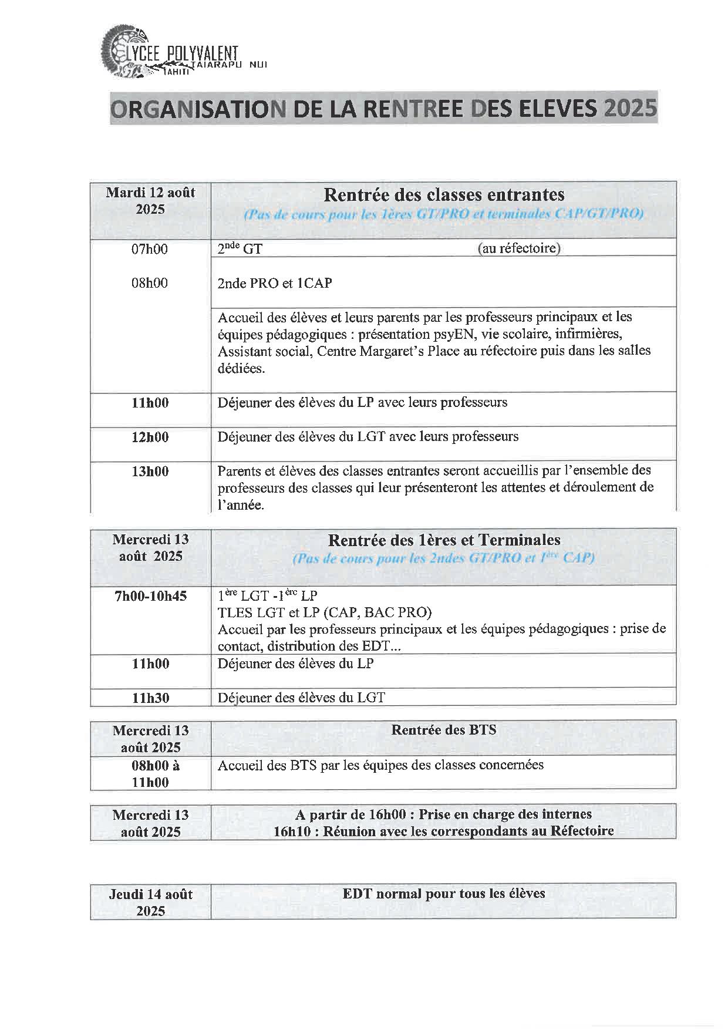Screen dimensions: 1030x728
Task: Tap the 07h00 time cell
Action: (x=150, y=249)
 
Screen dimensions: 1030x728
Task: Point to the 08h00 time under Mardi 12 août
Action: (x=150, y=283)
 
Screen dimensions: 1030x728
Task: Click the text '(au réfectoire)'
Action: (x=519, y=248)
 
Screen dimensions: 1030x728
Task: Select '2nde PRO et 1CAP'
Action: (x=275, y=283)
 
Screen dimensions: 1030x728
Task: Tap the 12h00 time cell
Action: (x=150, y=437)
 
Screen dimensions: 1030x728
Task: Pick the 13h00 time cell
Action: (x=150, y=471)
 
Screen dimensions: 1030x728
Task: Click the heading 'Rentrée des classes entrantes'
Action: (x=444, y=194)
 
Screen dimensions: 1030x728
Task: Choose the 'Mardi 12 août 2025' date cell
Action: (x=150, y=201)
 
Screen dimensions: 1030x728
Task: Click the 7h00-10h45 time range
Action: (x=150, y=596)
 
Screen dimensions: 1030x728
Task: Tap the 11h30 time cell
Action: (x=150, y=698)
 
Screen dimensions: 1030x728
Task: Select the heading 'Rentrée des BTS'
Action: (x=443, y=730)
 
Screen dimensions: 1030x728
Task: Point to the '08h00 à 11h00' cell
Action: (x=150, y=773)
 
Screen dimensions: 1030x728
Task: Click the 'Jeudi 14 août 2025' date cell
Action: (x=150, y=902)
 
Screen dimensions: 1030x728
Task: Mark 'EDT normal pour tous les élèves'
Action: (x=444, y=894)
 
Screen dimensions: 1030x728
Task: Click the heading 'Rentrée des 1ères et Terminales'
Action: (x=444, y=540)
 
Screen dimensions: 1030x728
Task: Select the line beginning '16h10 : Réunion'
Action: (x=443, y=831)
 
